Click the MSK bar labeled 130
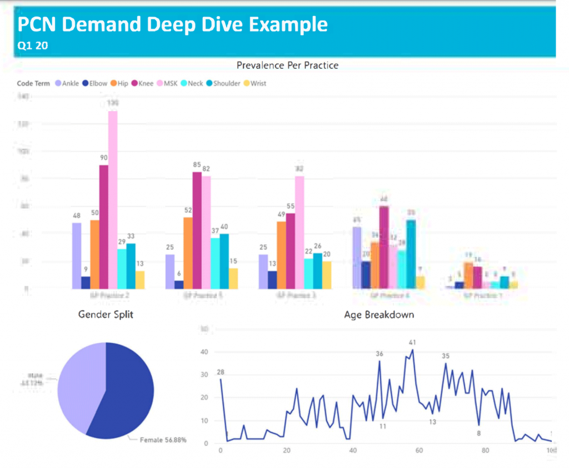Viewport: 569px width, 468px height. point(113,200)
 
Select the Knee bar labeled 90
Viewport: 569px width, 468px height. point(104,227)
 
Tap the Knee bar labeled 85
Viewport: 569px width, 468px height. point(197,230)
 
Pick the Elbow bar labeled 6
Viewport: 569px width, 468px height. point(179,284)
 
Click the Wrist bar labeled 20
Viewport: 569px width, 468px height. point(326,275)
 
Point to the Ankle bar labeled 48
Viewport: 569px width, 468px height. point(77,255)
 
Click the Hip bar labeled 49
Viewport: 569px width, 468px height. point(282,255)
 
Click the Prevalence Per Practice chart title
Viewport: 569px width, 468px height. point(287,66)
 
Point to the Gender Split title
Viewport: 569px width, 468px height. point(106,315)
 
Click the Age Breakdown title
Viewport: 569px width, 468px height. point(379,315)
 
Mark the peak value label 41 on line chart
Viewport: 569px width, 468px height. point(412,343)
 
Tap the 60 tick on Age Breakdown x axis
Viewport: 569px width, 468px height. point(419,450)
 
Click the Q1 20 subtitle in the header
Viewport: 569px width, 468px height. point(33,47)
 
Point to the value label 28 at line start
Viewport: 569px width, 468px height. point(221,372)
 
